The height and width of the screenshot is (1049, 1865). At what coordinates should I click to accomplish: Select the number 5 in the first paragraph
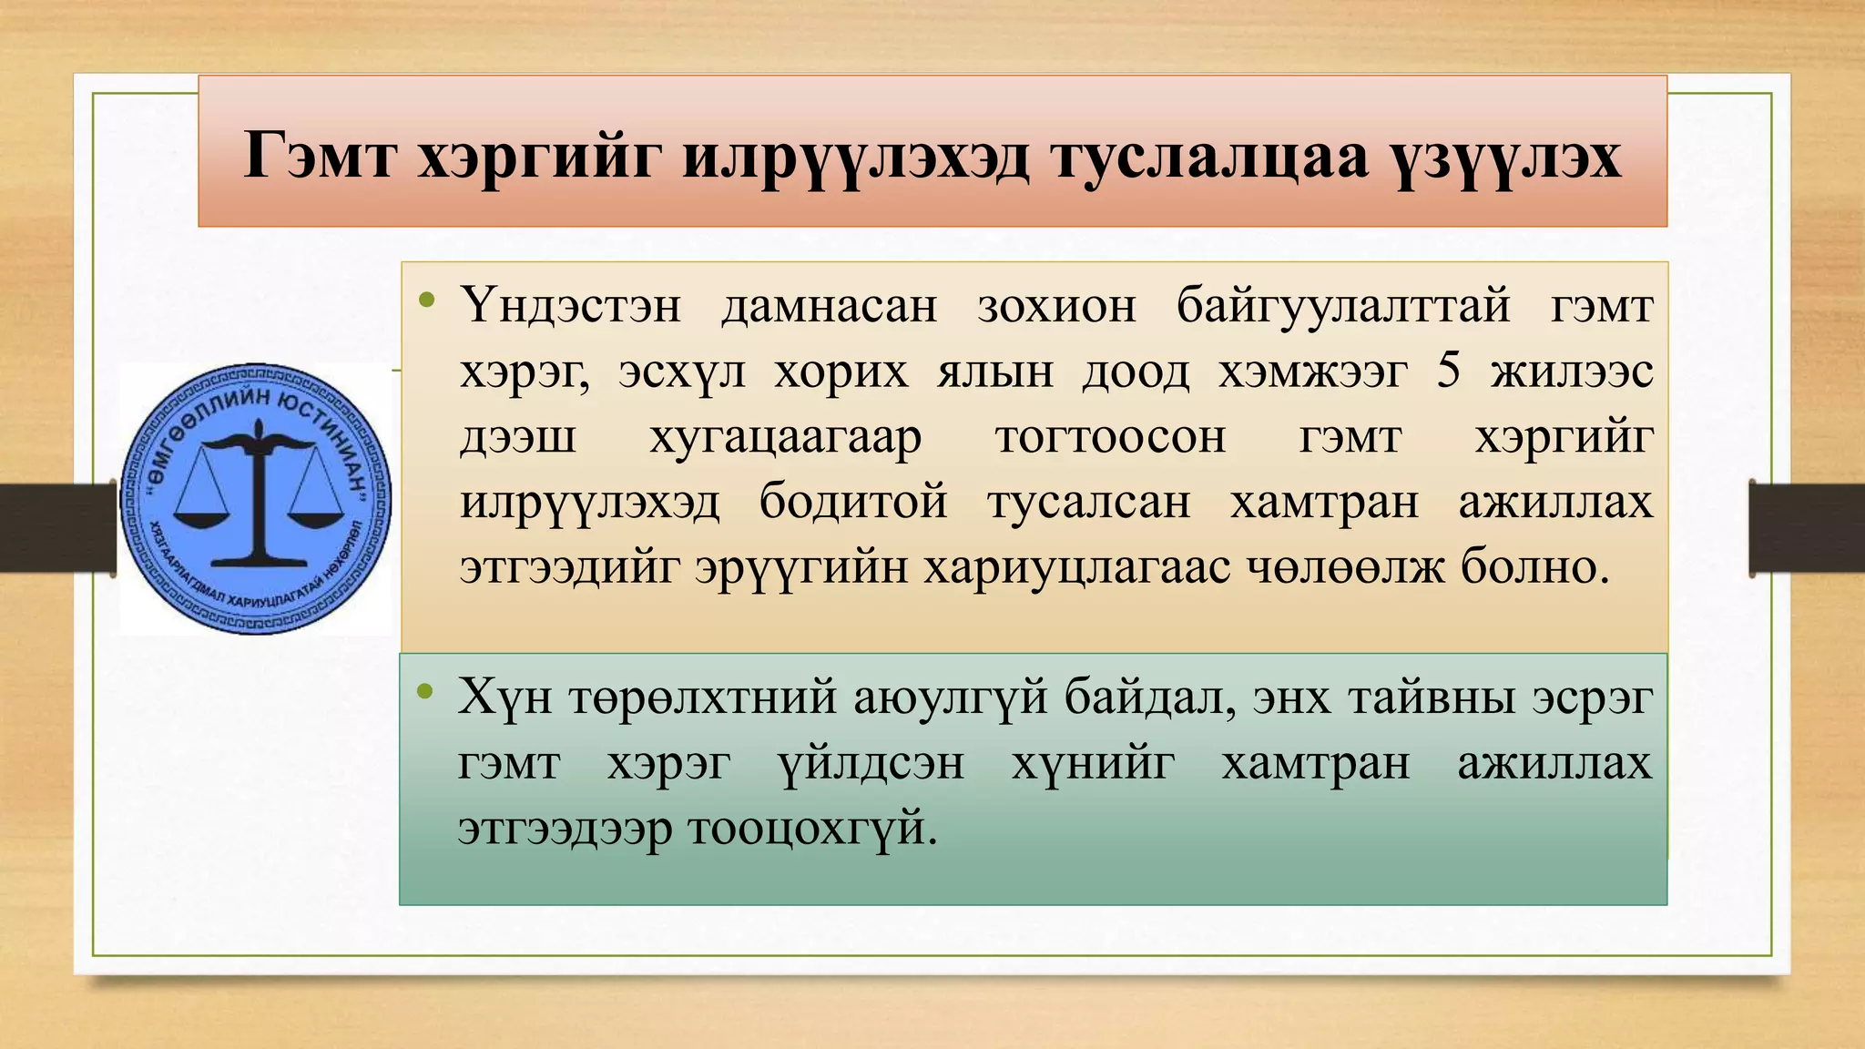(x=1449, y=371)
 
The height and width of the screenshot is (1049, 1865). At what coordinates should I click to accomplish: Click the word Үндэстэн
(x=571, y=305)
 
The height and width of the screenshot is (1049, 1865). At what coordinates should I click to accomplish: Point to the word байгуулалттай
(x=1343, y=305)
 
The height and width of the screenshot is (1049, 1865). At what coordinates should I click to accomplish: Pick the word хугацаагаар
(x=785, y=437)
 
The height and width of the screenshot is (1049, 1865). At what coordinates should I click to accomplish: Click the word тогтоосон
(x=1110, y=437)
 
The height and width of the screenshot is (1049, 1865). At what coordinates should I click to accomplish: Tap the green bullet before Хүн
(x=424, y=692)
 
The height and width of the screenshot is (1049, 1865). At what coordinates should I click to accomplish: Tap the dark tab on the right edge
(x=1807, y=527)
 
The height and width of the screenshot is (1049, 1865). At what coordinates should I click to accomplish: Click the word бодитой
(x=853, y=503)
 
